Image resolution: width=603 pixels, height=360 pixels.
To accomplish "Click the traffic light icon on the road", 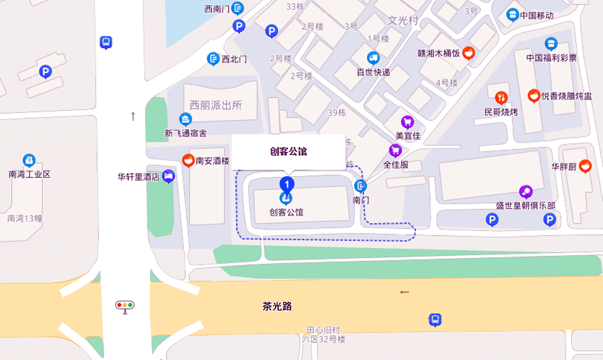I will click(125, 306).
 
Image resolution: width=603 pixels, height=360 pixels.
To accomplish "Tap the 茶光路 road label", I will click(277, 306).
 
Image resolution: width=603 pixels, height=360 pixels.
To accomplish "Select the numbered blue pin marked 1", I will click(286, 184).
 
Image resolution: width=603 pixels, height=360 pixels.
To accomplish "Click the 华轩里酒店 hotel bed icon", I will click(168, 176).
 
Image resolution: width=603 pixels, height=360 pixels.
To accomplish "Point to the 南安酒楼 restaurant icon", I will click(187, 160).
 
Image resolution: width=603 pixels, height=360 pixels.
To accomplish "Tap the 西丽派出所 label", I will click(216, 105).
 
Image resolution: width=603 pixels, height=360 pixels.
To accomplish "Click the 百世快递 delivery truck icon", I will click(373, 59).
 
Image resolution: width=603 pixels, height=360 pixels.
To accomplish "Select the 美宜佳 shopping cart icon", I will click(407, 121).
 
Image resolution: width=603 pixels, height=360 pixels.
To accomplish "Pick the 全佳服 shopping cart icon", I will click(395, 151).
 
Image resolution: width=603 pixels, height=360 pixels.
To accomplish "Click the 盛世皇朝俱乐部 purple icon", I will click(526, 192).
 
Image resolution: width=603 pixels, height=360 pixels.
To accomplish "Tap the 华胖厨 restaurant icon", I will click(585, 166).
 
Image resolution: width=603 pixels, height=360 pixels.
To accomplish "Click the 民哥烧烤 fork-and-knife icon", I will click(501, 97).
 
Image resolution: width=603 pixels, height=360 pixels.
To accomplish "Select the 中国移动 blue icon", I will click(512, 14).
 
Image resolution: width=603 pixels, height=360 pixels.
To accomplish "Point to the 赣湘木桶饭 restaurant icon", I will click(469, 53).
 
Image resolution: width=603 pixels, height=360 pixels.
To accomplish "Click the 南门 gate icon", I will click(361, 186).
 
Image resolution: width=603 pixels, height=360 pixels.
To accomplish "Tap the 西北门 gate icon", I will click(213, 59).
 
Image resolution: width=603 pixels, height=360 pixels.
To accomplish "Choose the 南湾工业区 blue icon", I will click(29, 160).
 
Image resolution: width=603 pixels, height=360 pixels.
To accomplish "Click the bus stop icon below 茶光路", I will click(435, 319).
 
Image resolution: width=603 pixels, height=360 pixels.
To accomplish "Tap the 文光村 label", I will click(403, 20).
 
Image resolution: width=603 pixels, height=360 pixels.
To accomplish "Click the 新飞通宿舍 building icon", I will click(186, 119).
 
